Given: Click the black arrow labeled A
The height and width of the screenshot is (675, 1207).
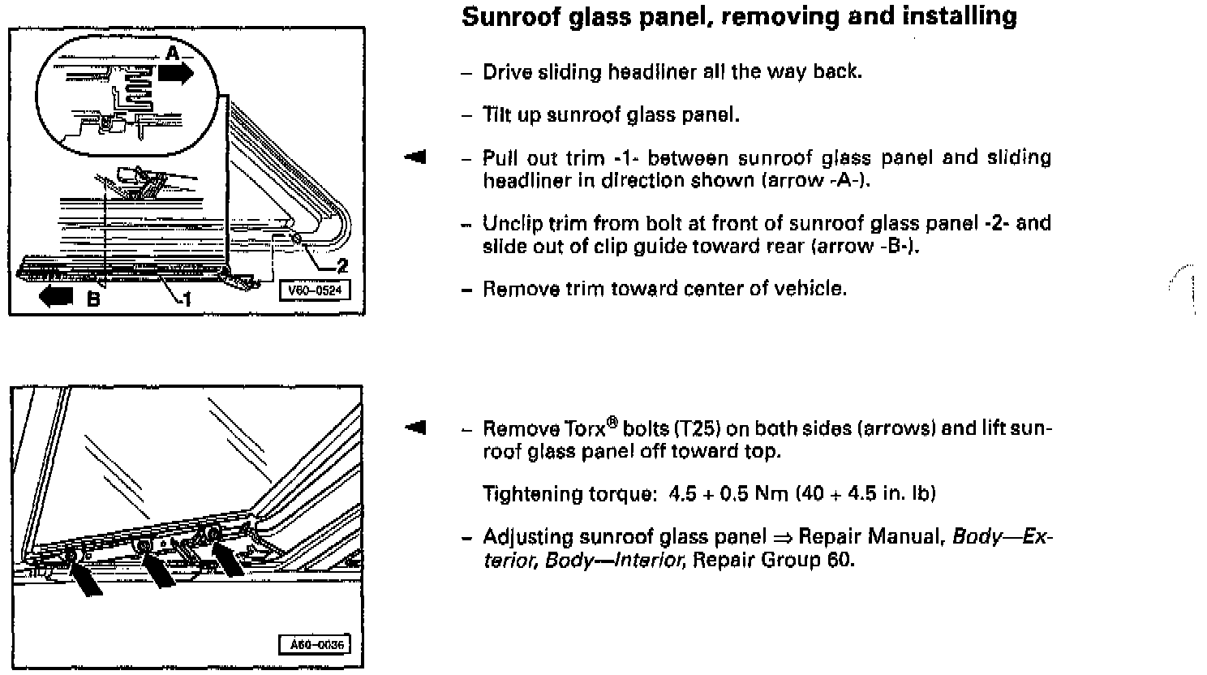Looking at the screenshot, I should [x=176, y=73].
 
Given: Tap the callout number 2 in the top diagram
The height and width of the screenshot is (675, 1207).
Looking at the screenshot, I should [x=342, y=265].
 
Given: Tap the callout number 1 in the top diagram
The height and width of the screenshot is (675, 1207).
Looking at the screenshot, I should [x=187, y=300].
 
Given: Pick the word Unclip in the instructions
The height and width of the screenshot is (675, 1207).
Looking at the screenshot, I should [x=508, y=223].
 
